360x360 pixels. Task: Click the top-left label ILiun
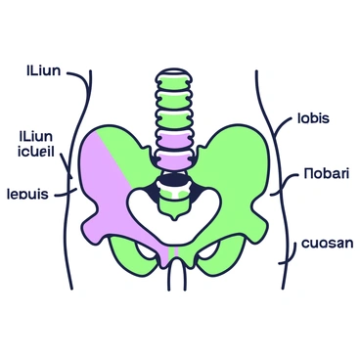(x=39, y=70)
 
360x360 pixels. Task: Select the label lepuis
(x=34, y=194)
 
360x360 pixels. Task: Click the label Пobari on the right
(x=319, y=178)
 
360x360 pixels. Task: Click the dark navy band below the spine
(x=173, y=180)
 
